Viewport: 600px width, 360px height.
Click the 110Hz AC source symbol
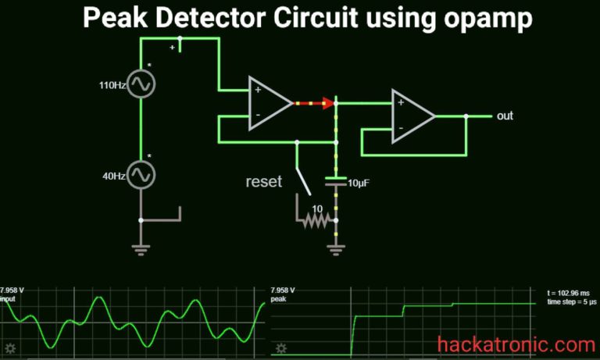click(141, 84)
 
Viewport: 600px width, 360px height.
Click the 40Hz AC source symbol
click(141, 174)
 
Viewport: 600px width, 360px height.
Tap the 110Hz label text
click(113, 84)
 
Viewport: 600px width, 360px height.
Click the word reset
click(264, 182)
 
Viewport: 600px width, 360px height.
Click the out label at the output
click(505, 116)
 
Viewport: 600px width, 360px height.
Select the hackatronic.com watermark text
click(516, 344)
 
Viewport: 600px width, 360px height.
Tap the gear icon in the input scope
click(10, 348)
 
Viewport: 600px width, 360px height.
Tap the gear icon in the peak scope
click(281, 348)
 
